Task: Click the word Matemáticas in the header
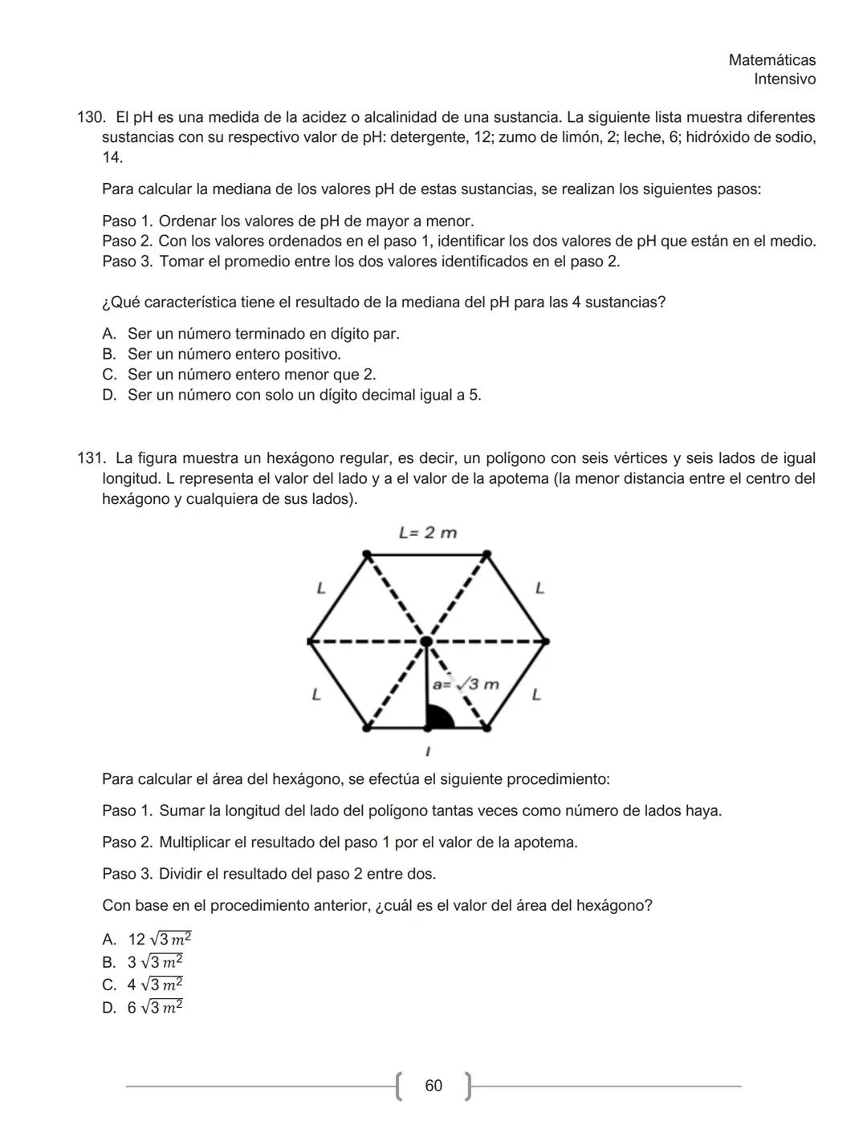771,60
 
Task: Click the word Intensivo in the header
784,79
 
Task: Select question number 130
90,118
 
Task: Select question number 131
90,459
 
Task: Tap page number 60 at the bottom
433,1086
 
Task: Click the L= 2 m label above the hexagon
428,533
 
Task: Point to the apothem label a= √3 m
466,684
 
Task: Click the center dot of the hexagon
426,641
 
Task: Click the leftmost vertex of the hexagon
310,641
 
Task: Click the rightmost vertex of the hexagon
545,641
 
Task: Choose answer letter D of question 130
109,396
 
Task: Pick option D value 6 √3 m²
155,1008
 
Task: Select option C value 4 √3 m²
155,985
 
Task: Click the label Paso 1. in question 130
127,221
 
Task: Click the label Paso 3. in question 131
127,875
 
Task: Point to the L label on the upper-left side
320,589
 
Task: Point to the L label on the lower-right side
536,695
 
